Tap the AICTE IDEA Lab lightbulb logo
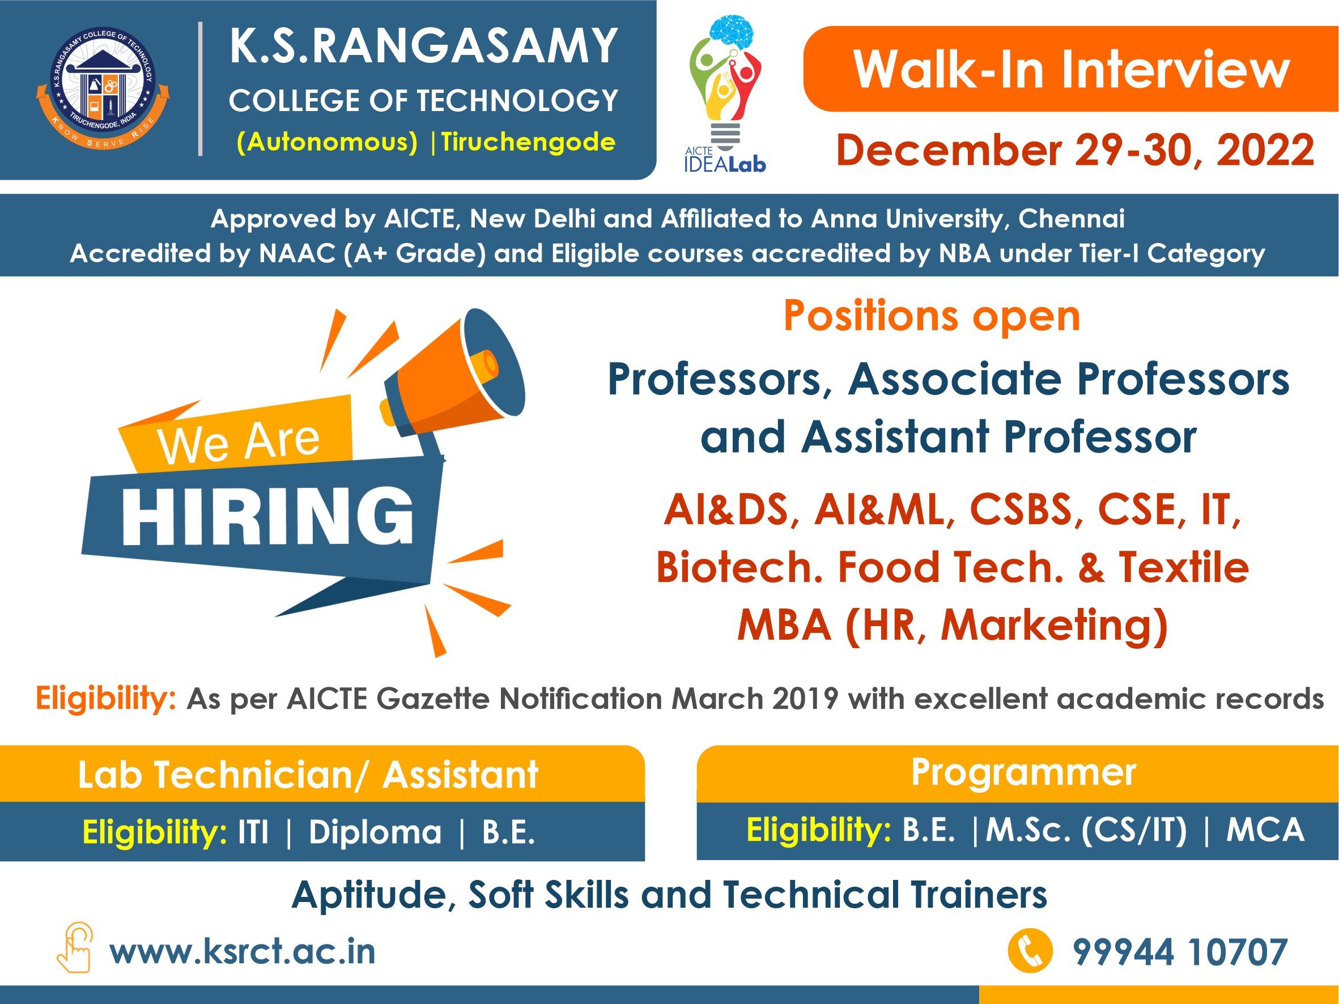coord(725,95)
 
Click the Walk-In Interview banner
coord(1070,69)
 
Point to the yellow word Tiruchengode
coord(528,142)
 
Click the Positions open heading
coord(932,317)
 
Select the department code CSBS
coord(1021,509)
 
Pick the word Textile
coord(1184,567)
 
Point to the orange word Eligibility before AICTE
coord(106,700)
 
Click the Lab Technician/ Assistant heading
coord(308,775)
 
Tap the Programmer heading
coord(1023,773)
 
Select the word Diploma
coord(375,832)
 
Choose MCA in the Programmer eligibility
coord(1265,829)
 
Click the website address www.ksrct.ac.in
coord(242,951)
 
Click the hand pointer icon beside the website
coord(74,948)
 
